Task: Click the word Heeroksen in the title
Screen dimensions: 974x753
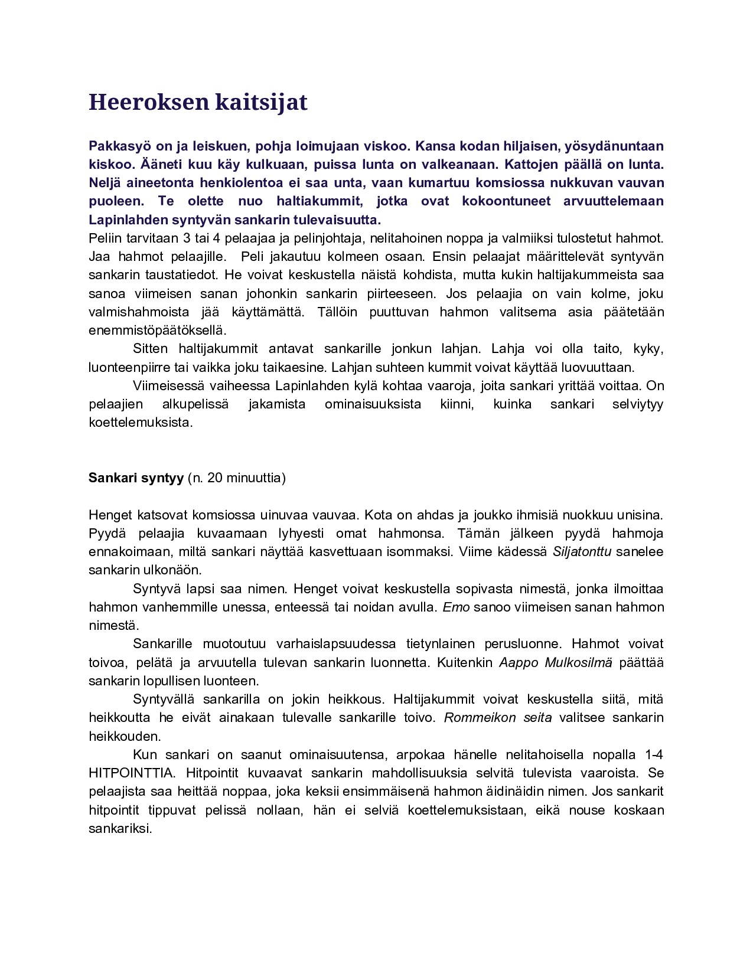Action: click(x=148, y=102)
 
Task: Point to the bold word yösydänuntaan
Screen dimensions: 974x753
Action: click(x=614, y=146)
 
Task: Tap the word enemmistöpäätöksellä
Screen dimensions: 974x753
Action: click(x=158, y=331)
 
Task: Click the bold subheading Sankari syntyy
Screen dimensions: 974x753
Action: click(x=136, y=478)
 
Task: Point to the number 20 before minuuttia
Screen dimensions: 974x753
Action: click(x=215, y=478)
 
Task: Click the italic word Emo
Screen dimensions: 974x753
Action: click(x=456, y=607)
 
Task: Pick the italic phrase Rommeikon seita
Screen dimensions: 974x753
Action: click(x=498, y=718)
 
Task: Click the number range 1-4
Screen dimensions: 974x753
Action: click(x=654, y=755)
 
